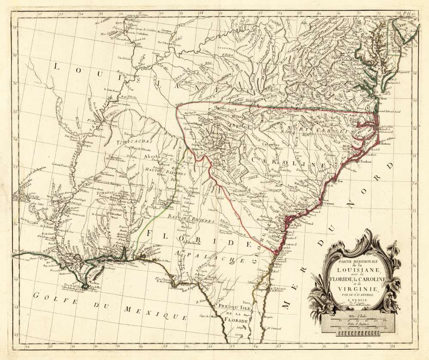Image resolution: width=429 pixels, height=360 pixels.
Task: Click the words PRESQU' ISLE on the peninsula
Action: [231, 308]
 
